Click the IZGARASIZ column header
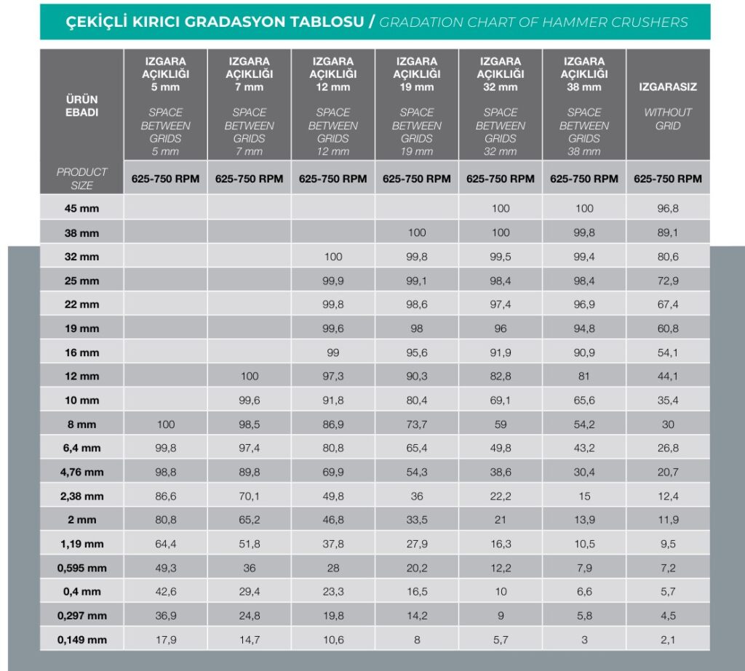tap(668, 87)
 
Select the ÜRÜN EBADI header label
tap(81, 106)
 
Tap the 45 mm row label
tap(81, 209)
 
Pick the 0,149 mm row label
tap(81, 640)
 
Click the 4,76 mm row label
tap(81, 472)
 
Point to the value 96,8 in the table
tap(668, 209)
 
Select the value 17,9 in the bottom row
tap(165, 640)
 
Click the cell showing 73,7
tap(417, 424)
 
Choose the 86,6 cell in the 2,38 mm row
tap(165, 497)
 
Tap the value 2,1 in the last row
tap(668, 640)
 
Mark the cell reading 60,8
tap(668, 329)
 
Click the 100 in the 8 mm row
tap(165, 424)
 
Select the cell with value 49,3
tap(165, 568)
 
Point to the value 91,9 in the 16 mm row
tap(501, 353)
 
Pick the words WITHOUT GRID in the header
tap(668, 118)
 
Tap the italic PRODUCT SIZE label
tap(81, 179)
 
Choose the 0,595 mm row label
tap(81, 568)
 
